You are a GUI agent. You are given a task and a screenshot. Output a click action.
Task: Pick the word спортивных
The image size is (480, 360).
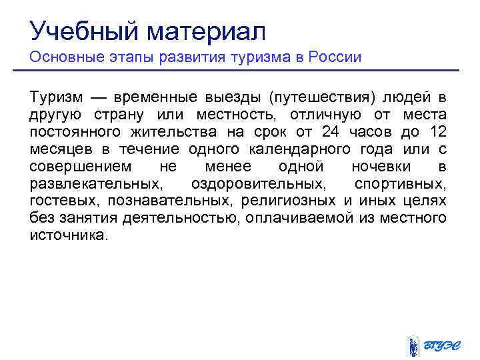[x=400, y=183]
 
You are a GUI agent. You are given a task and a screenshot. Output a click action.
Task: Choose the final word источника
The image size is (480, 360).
[x=68, y=235]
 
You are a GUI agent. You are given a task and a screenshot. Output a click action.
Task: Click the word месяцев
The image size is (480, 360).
[x=59, y=148]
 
